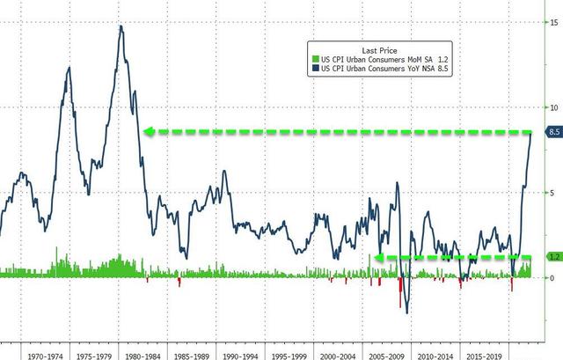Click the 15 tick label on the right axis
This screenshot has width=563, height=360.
point(552,22)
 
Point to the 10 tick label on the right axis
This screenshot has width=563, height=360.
point(552,107)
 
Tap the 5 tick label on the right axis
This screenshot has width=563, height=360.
point(552,193)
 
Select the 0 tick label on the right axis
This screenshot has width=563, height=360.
point(552,278)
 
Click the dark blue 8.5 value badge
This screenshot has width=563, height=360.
point(554,132)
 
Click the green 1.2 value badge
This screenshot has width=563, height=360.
point(554,257)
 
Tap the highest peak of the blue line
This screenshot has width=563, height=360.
point(121,26)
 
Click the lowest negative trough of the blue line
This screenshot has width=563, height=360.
point(406,312)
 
